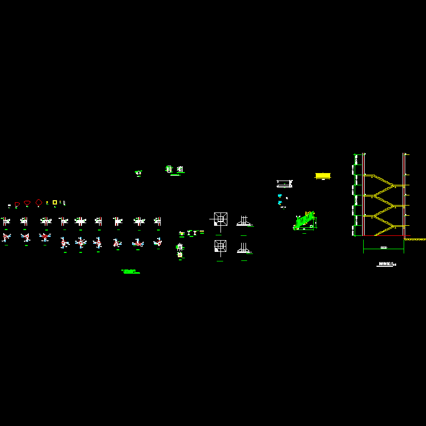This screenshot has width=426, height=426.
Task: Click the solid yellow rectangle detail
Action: pyautogui.click(x=323, y=175)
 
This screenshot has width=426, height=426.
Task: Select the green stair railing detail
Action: pyautogui.click(x=305, y=221)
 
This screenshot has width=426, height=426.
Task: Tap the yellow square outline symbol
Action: pyautogui.click(x=54, y=202)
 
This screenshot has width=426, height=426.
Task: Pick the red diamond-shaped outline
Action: pyautogui.click(x=38, y=202)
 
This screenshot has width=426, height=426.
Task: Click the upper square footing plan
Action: pyautogui.click(x=220, y=218)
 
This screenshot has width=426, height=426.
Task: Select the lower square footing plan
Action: pyautogui.click(x=220, y=246)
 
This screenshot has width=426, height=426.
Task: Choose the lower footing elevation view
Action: pyautogui.click(x=243, y=248)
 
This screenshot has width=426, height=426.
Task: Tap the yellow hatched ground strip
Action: pyautogui.click(x=415, y=239)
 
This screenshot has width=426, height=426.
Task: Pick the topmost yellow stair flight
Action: pyautogui.click(x=383, y=181)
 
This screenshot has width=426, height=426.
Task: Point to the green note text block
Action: pyautogui.click(x=130, y=272)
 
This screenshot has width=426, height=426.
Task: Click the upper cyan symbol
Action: pyautogui.click(x=280, y=196)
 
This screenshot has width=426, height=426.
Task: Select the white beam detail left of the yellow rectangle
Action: pyautogui.click(x=284, y=184)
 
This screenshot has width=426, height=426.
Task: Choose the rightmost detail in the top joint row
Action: pyautogui.click(x=158, y=220)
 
